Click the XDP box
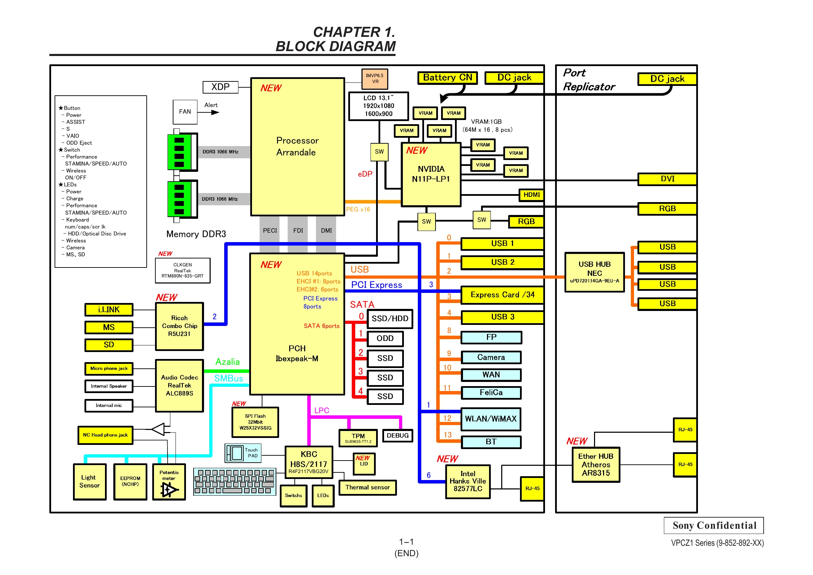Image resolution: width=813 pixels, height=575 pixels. tap(220, 87)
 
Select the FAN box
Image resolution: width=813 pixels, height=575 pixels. tap(185, 112)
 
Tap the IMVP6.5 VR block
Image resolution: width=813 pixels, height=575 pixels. tap(375, 79)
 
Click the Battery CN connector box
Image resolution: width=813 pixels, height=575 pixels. tap(447, 78)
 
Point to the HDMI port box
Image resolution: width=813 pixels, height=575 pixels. tap(531, 195)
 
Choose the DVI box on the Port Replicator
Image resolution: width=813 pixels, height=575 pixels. tap(667, 179)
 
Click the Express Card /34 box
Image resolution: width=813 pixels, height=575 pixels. tap(502, 295)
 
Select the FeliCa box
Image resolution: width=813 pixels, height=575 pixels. tap(491, 392)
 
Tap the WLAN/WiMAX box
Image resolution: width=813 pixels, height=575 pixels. tap(491, 419)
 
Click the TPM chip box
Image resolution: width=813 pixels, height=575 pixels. tap(358, 438)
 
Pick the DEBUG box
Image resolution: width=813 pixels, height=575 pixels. tap(398, 436)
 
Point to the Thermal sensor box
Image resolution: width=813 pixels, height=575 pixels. tap(367, 487)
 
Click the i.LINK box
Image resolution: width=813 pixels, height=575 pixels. tap(109, 310)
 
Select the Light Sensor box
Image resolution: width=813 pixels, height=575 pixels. tap(90, 482)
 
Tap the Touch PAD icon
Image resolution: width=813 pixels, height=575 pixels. tap(243, 453)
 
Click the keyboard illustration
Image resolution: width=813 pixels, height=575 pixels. tap(235, 481)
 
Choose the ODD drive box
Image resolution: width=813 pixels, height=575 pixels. tap(385, 339)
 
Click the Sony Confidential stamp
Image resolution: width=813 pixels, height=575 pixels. tap(714, 525)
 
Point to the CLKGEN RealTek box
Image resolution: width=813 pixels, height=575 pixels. tap(183, 270)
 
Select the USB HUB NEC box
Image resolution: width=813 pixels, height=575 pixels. tap(594, 272)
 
